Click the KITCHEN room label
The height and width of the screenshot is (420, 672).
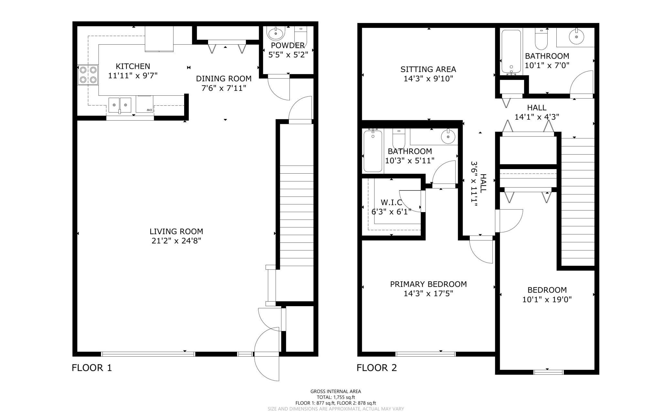(133, 66)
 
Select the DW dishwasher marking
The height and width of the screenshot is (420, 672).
(149, 110)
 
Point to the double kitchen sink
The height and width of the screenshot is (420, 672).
(120, 105)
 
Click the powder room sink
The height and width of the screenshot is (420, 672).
(276, 33)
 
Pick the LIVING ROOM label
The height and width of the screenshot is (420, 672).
(176, 232)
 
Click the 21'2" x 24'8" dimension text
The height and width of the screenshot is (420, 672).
(176, 241)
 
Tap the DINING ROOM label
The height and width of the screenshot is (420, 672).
(224, 79)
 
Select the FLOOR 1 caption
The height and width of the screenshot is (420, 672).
(92, 368)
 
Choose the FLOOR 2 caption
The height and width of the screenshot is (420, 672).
(377, 368)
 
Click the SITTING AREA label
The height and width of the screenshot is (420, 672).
(428, 69)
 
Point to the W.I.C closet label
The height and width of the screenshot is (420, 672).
(392, 202)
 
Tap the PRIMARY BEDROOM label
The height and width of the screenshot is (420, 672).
(428, 284)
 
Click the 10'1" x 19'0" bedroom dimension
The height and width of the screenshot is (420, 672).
(547, 299)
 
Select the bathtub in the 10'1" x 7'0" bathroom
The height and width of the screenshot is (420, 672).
(511, 52)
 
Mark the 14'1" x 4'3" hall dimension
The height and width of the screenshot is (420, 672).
(537, 117)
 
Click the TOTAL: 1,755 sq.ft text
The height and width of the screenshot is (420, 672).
(336, 397)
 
